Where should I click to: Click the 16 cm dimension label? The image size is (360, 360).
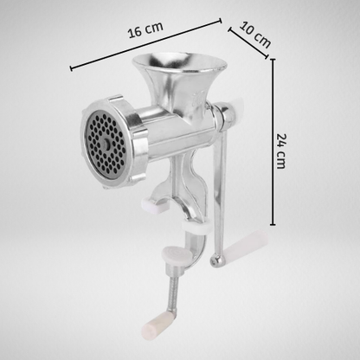(x=145, y=29)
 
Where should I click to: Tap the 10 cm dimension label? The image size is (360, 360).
(x=255, y=35)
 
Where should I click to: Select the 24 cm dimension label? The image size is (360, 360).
(x=280, y=151)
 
